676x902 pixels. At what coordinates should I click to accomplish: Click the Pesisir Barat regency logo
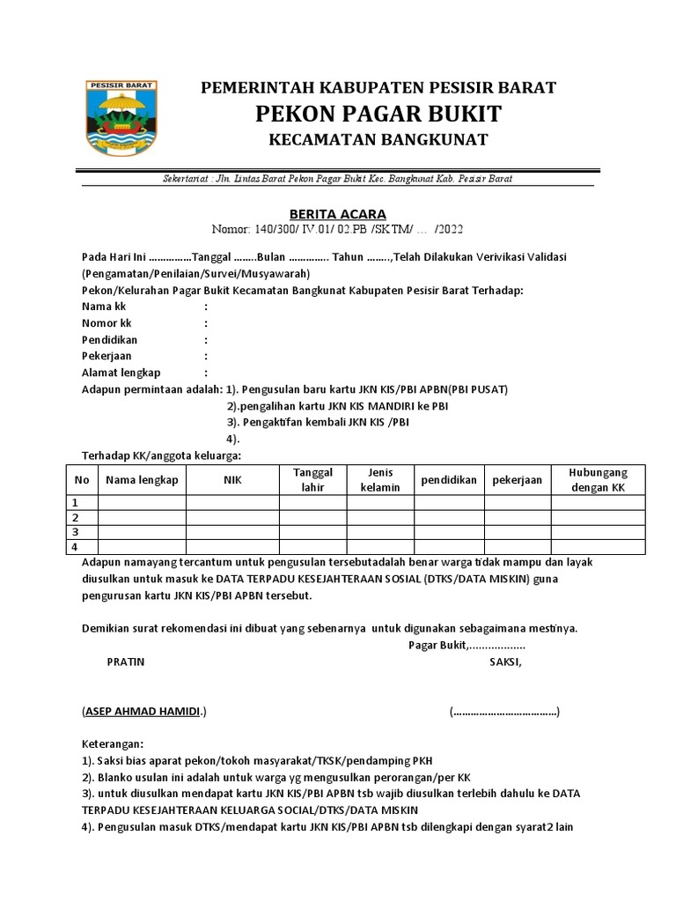tap(120, 117)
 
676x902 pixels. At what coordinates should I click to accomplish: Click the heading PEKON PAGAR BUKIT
tap(378, 114)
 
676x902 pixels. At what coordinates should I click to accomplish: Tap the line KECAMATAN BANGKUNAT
tap(378, 140)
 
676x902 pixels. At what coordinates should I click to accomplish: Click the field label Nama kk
tap(103, 307)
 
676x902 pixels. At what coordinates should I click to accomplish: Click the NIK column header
tap(231, 479)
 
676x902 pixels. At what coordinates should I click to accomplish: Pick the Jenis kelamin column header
tap(380, 479)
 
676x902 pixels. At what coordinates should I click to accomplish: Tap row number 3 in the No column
tap(76, 532)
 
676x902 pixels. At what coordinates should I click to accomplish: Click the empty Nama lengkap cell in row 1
tap(142, 502)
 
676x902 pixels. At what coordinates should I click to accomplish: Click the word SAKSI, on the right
tap(505, 661)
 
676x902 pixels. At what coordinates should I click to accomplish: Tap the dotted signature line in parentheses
tap(504, 711)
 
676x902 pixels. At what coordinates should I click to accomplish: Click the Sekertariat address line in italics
tap(338, 179)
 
